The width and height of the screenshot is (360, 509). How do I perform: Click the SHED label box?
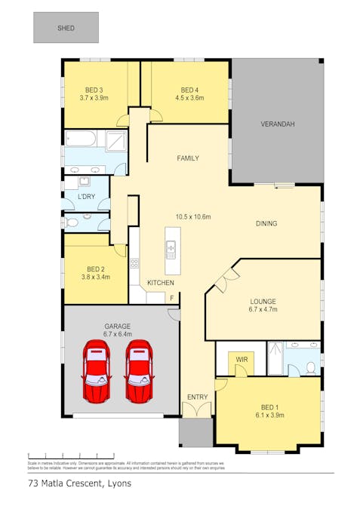click(x=66, y=27)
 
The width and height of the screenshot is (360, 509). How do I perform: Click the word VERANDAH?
click(x=277, y=124)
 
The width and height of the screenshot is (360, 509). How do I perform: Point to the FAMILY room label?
click(x=188, y=158)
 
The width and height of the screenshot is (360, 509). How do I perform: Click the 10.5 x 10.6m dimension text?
click(x=192, y=216)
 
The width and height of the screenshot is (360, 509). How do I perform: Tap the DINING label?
click(x=266, y=223)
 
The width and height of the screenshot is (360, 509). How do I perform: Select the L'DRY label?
click(x=86, y=197)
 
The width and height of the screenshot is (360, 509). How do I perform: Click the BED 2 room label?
click(x=95, y=268)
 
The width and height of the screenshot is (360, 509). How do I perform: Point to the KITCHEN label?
click(x=161, y=283)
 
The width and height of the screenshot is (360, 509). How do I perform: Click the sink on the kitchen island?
click(x=171, y=247)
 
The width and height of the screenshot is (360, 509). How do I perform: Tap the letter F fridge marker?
click(x=171, y=299)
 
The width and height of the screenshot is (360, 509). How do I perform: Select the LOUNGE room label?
click(x=263, y=301)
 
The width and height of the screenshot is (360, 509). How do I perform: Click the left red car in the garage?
click(x=97, y=371)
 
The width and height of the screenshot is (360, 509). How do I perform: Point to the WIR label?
click(x=242, y=360)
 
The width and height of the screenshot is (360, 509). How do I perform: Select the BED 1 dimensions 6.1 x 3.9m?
click(x=268, y=415)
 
